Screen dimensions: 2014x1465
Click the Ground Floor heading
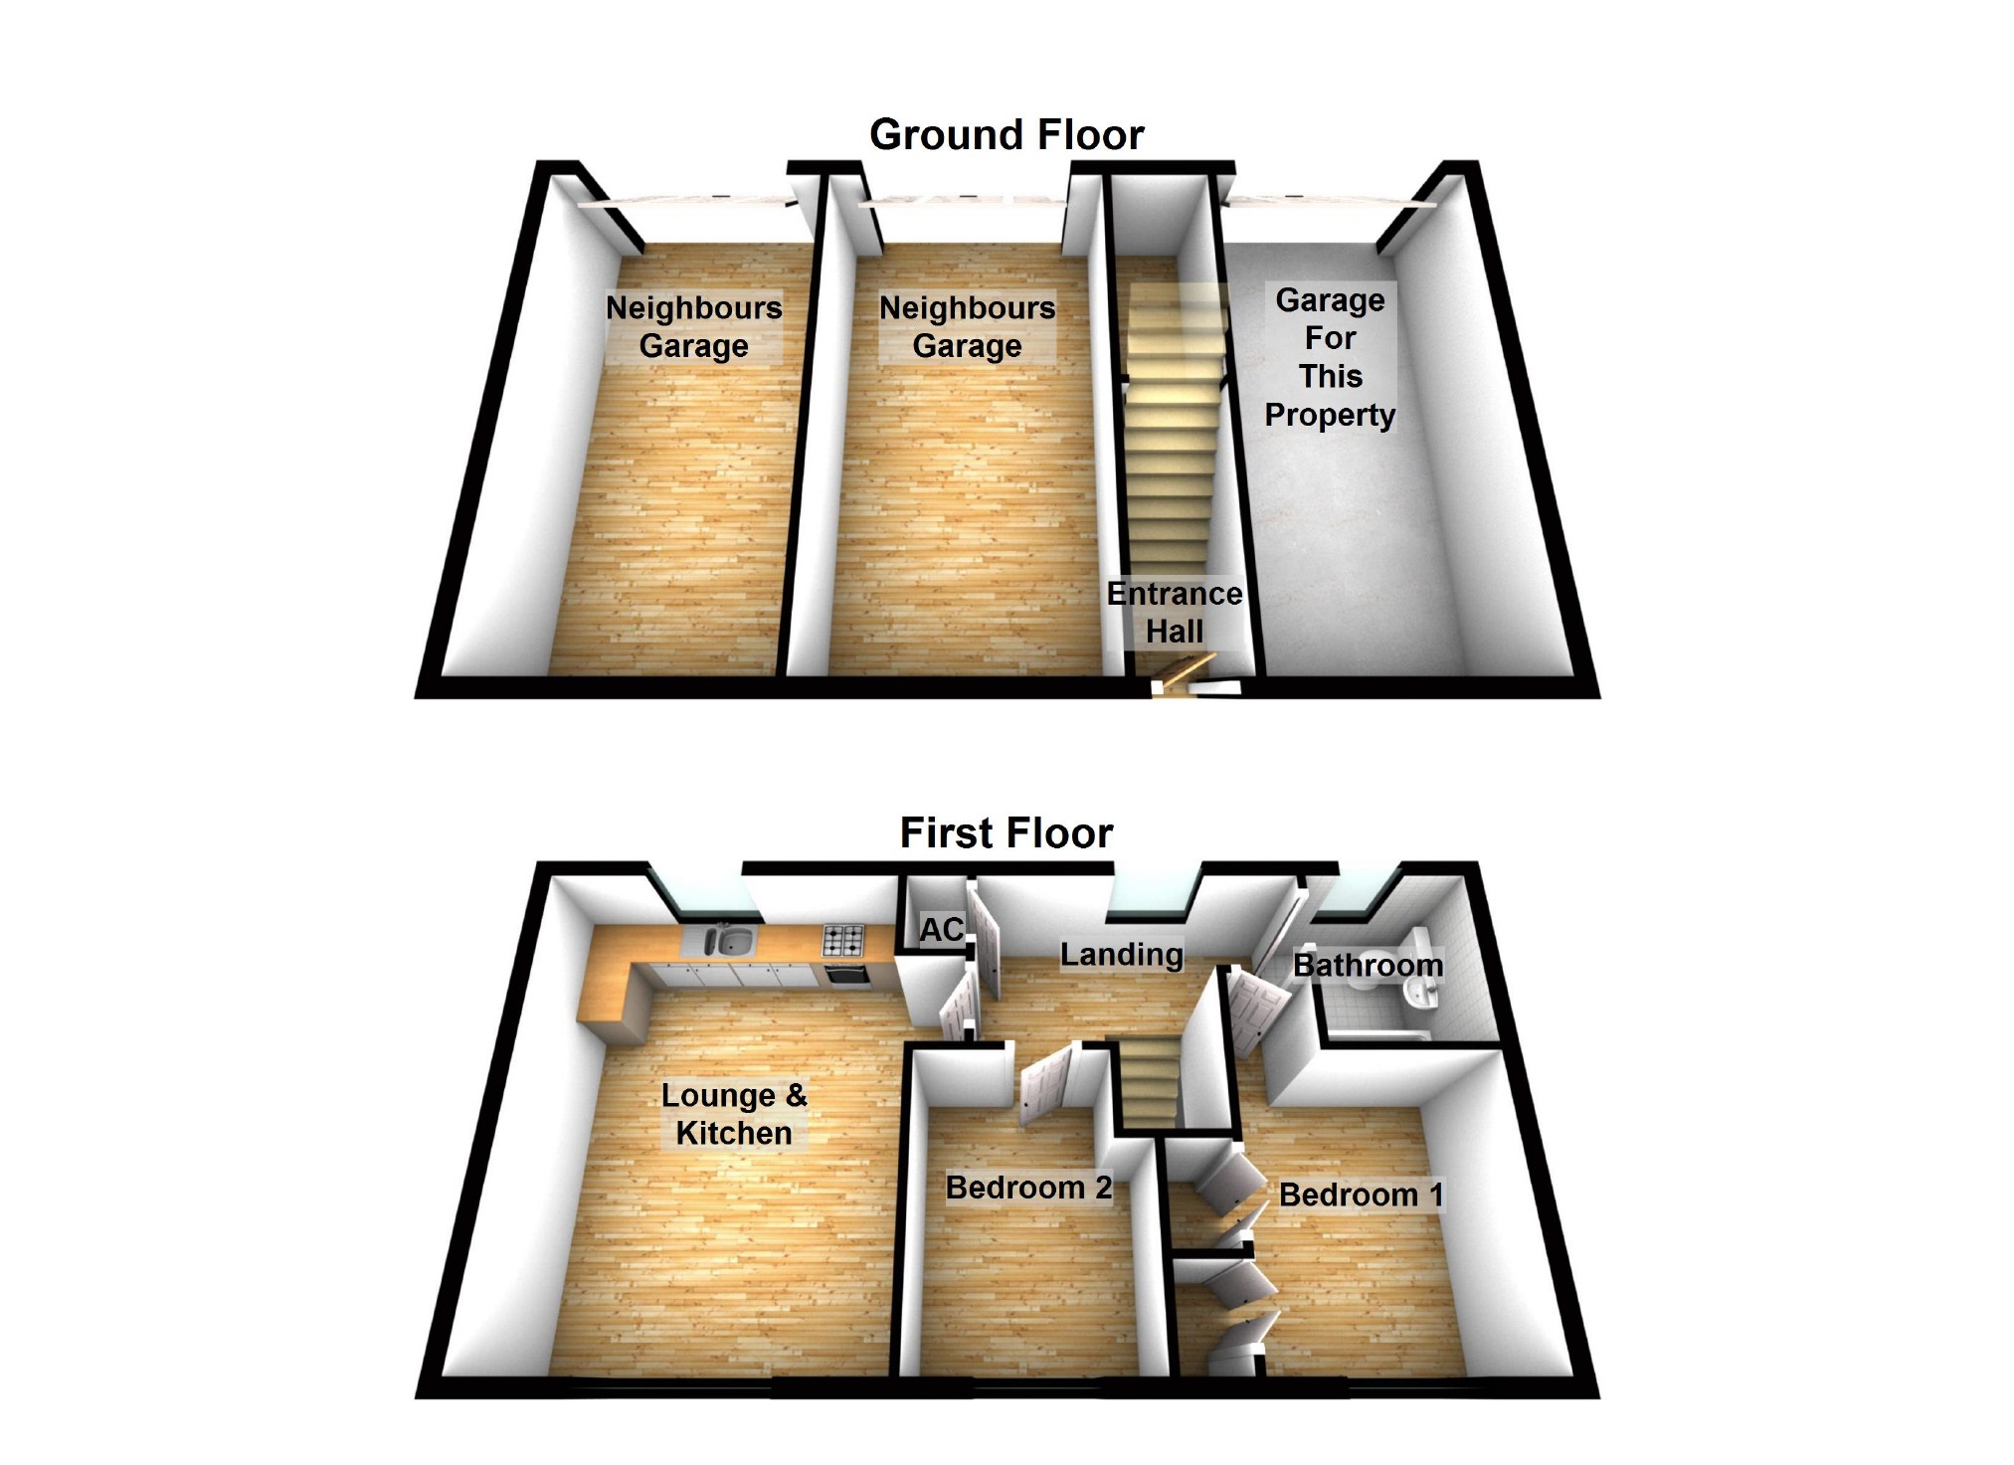(x=1007, y=135)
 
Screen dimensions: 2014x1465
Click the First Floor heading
(x=1007, y=833)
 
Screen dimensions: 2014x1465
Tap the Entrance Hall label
(x=1175, y=613)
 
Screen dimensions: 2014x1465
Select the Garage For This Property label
(x=1330, y=357)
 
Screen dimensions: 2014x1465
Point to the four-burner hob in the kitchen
(x=843, y=938)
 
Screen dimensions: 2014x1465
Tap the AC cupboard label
(x=941, y=930)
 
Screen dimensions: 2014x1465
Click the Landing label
(x=1122, y=955)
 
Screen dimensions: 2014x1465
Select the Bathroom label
(x=1368, y=965)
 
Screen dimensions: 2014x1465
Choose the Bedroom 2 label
(x=1028, y=1188)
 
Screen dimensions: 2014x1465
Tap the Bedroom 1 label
(x=1361, y=1194)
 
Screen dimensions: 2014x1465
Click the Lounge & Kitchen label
(x=734, y=1114)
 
